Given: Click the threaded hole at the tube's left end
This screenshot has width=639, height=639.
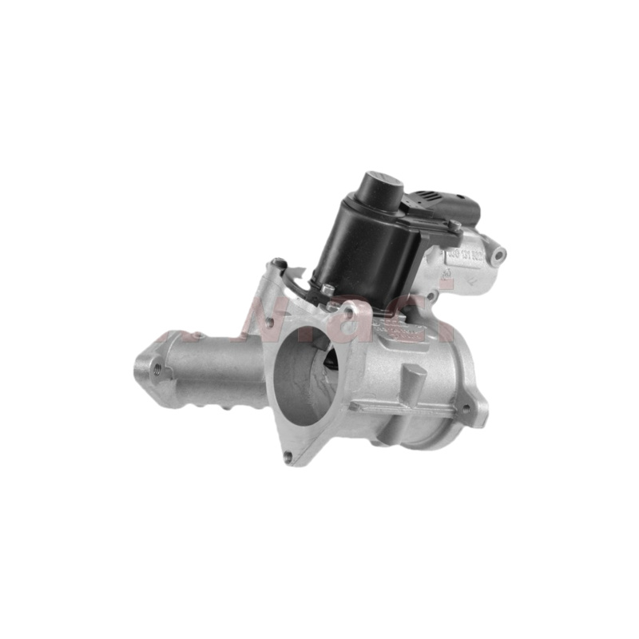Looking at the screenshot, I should (157, 369).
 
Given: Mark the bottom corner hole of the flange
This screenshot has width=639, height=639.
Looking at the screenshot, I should (287, 457).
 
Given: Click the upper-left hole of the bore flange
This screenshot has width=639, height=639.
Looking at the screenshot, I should (269, 323).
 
